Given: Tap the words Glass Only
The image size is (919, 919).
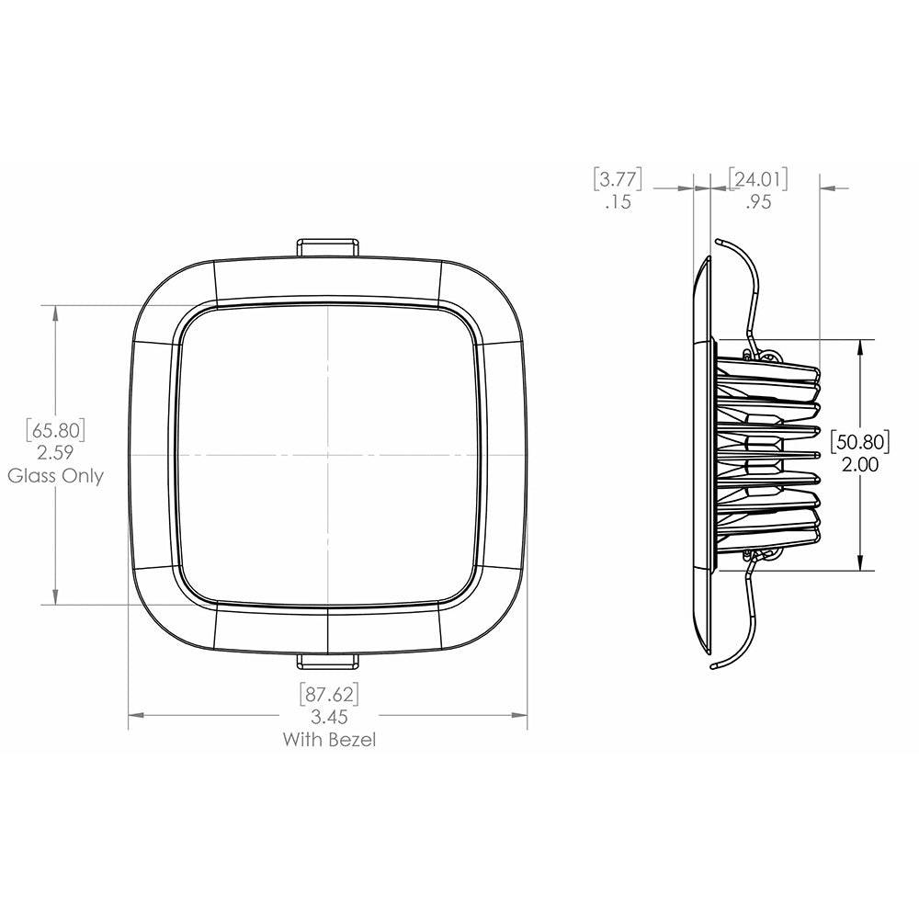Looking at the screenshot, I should [x=56, y=476].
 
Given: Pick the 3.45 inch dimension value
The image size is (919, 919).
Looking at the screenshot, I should [x=329, y=716].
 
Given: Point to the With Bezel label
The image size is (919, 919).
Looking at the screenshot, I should [x=329, y=739].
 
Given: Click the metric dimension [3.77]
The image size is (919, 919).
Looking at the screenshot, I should [x=618, y=178].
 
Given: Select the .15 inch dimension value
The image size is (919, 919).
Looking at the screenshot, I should [x=618, y=203].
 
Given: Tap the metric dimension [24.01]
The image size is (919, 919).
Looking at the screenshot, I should [x=758, y=178].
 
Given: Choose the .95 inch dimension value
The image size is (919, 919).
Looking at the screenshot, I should [x=758, y=203].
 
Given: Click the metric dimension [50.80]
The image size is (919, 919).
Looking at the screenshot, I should [x=860, y=441].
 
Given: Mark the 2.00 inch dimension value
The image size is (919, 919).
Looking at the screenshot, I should [x=860, y=465].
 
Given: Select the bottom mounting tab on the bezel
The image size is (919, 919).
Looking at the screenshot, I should [x=327, y=661].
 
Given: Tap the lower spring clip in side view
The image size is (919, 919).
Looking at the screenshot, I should [x=746, y=616].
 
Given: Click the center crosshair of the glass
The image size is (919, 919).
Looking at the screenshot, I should [x=327, y=455].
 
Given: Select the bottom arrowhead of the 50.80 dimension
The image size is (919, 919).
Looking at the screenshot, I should [x=860, y=562].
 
